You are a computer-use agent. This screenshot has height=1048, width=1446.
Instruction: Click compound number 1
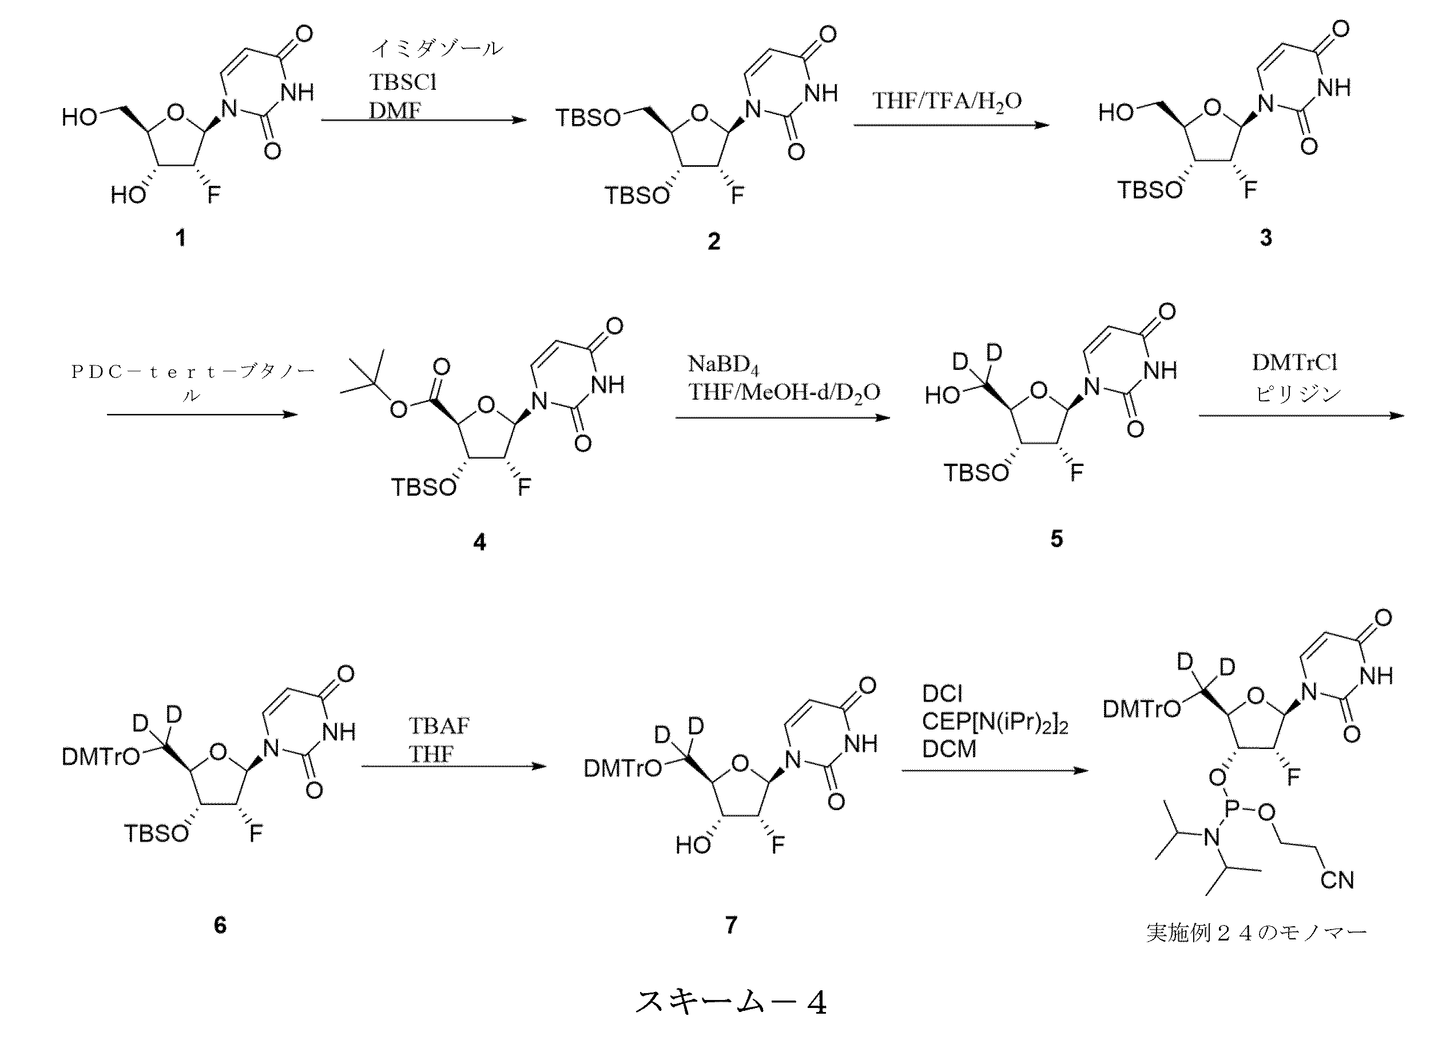point(180,238)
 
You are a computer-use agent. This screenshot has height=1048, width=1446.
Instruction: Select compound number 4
point(479,542)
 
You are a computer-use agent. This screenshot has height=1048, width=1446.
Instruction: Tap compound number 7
point(731,925)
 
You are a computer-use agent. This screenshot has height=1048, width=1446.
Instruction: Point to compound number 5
point(1056,539)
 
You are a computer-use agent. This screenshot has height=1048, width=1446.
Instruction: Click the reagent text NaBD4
point(724,365)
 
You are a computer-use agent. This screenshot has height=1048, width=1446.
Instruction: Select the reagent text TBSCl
point(403,82)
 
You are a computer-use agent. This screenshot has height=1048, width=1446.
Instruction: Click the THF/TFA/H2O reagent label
point(947,101)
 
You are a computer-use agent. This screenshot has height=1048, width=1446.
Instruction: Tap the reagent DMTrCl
point(1294,362)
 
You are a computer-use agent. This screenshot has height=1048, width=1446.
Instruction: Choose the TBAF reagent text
point(439,726)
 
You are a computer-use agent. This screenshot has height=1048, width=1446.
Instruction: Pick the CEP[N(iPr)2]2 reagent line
point(995,722)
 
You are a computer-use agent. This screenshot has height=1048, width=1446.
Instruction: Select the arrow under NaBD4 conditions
point(783,417)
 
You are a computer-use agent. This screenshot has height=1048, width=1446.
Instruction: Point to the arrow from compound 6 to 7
point(454,766)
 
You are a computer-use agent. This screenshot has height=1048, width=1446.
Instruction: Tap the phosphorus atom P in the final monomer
point(1232,809)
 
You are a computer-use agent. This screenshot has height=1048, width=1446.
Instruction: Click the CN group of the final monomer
point(1336,880)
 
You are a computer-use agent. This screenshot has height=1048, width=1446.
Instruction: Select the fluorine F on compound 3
point(1251,189)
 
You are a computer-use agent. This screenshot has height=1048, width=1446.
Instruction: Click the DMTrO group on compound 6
point(101,756)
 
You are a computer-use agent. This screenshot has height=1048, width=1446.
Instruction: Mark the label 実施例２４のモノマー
point(1256,933)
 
